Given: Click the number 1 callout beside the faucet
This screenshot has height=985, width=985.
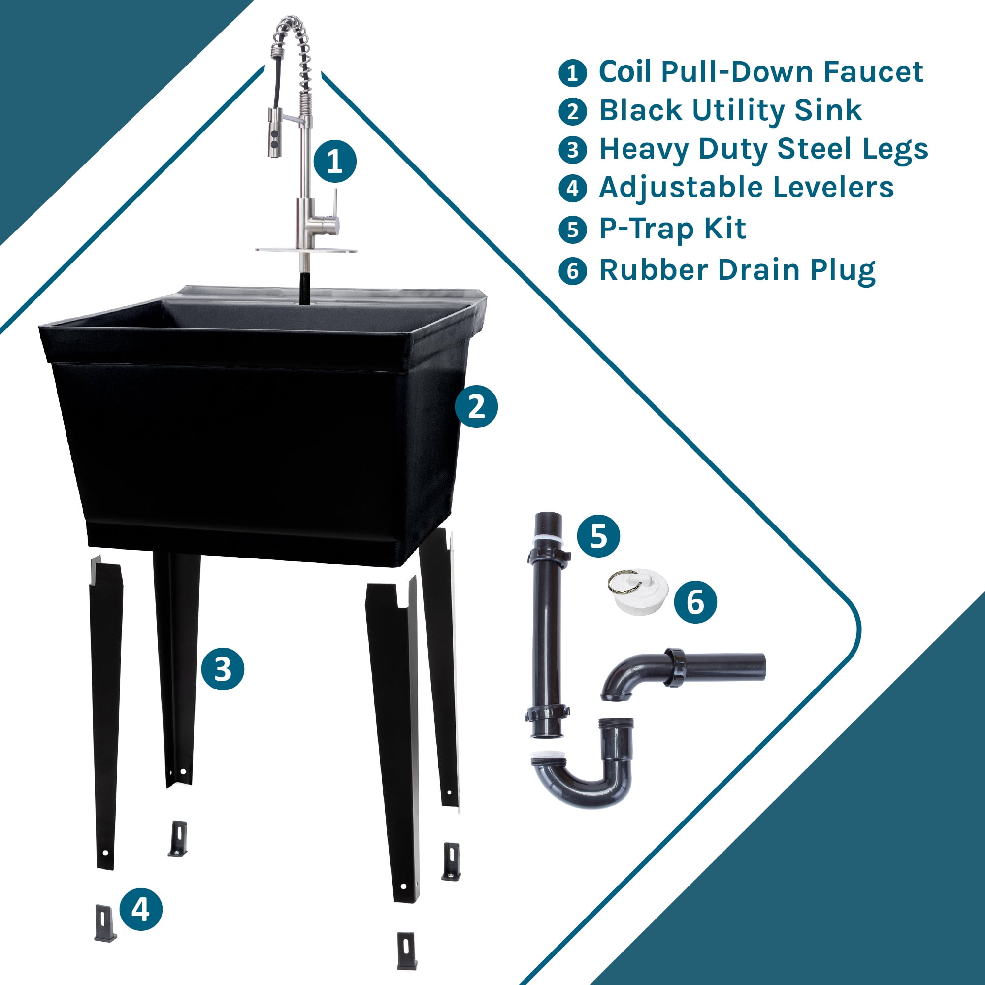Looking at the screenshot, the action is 334,161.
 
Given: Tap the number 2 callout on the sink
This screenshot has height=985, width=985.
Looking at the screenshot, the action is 476,406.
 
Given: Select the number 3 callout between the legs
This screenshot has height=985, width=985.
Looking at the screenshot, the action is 223,668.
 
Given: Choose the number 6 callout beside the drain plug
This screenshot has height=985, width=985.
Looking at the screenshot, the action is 695,602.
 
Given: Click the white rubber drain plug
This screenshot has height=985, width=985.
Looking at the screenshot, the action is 639,592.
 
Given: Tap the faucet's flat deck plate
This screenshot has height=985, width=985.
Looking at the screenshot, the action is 306,250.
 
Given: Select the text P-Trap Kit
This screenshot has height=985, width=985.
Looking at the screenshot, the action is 672,229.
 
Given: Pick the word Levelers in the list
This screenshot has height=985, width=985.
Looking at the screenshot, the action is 833,187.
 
